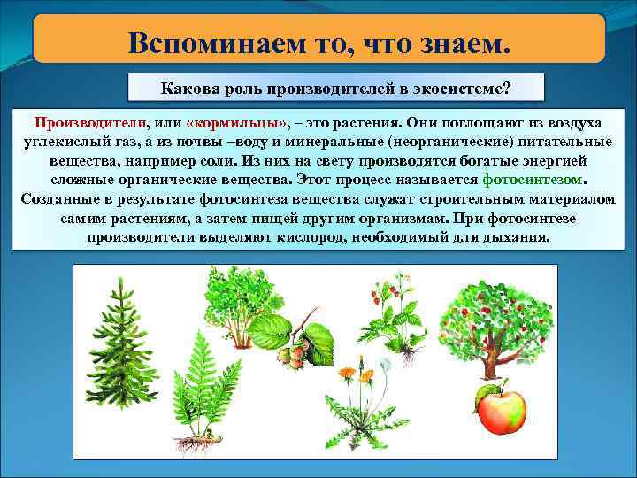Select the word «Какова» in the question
coord(189,89)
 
